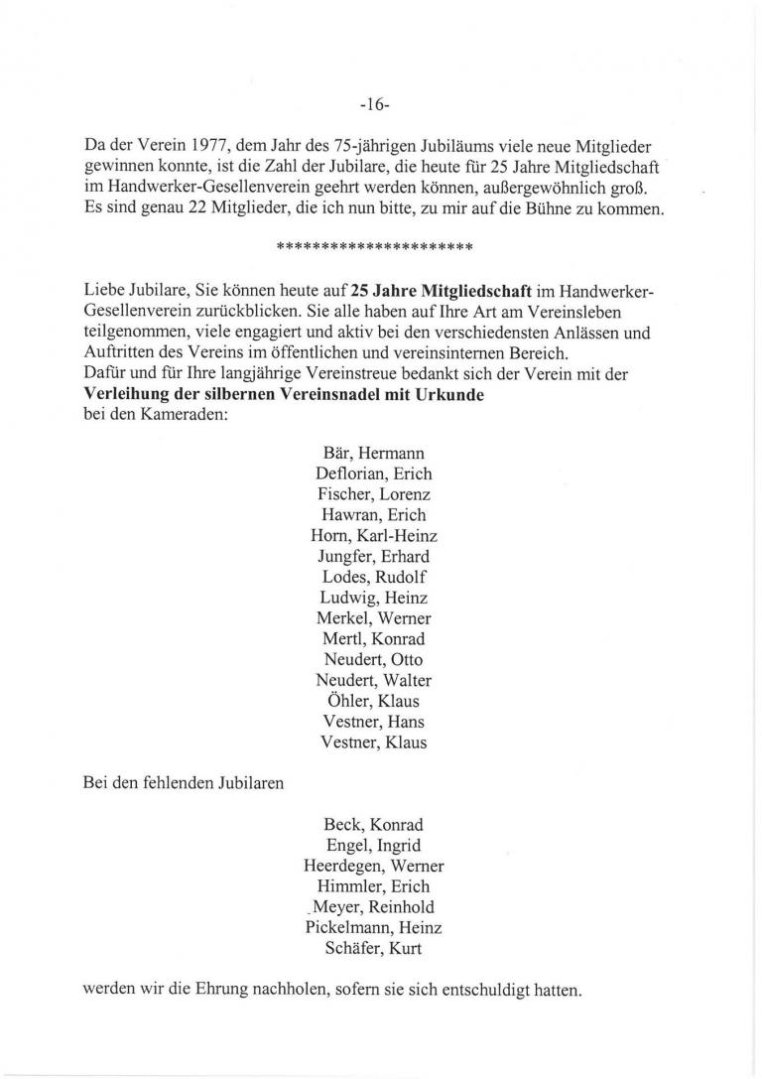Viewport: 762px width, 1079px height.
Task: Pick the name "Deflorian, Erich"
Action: coord(374,473)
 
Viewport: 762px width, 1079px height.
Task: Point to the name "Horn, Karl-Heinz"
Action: coord(374,535)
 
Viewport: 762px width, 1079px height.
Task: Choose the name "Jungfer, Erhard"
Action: coord(374,556)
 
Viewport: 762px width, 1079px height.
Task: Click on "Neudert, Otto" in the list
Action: coord(374,659)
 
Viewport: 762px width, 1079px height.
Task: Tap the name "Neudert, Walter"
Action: coord(374,680)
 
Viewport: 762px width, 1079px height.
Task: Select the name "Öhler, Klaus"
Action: coord(374,701)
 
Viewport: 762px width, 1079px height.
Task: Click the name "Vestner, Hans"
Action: coord(374,722)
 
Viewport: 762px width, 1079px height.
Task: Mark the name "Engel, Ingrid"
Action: coord(374,845)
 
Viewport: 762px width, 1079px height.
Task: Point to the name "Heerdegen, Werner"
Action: coord(374,866)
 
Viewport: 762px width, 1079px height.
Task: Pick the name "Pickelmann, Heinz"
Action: coord(374,927)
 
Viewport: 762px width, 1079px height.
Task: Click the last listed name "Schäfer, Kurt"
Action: coord(374,948)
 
